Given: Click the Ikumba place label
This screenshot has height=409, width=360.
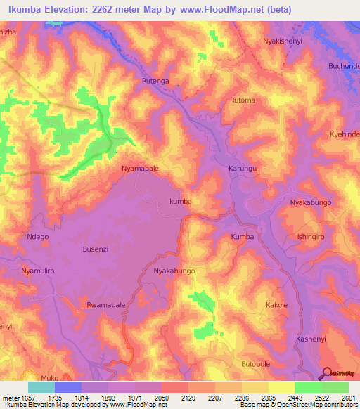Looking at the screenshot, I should click(x=179, y=202).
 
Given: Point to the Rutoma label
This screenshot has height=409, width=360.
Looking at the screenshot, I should click(x=242, y=100).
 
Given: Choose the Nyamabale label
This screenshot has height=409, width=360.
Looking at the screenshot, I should click(x=140, y=169).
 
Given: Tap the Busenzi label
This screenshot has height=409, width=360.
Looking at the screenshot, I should click(x=97, y=249).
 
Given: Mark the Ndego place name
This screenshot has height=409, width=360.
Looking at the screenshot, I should click(x=37, y=237).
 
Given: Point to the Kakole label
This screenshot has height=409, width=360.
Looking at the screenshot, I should click(x=276, y=305).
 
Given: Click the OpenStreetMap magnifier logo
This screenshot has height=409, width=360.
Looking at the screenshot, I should click(x=326, y=372).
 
